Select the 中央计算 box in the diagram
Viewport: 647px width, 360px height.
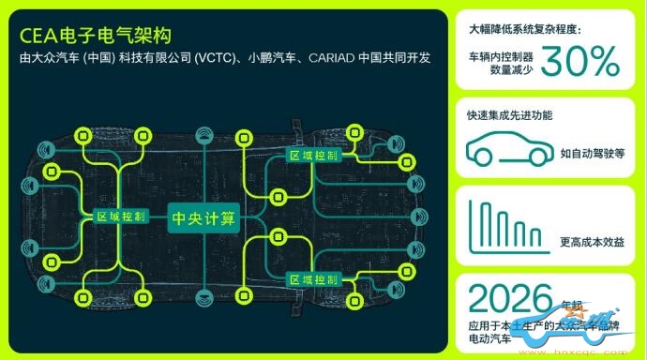point(203,217)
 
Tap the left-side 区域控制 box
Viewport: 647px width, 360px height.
point(122,216)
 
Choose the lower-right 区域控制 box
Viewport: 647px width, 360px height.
point(313,279)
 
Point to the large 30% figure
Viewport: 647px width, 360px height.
point(579,62)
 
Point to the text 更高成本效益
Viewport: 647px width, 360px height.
point(592,242)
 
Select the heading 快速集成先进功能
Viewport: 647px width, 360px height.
point(510,116)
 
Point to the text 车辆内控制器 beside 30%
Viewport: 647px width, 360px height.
point(502,57)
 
